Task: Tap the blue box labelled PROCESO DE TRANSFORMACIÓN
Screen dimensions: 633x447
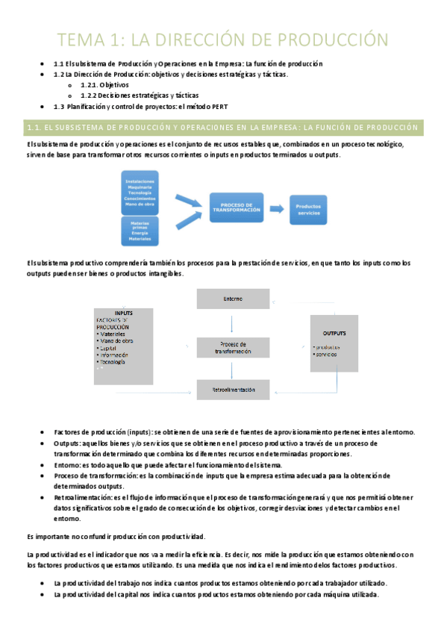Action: tap(236, 208)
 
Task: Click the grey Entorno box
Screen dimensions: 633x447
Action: tap(232, 299)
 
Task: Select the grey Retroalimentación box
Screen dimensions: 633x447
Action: tap(232, 390)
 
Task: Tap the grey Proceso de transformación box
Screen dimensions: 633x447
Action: tap(232, 347)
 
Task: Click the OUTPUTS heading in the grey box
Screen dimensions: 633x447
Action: tap(334, 331)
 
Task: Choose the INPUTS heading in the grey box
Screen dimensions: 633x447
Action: tap(124, 312)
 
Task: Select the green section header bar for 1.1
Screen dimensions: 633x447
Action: tap(223, 128)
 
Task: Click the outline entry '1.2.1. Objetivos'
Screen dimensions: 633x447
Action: tap(104, 85)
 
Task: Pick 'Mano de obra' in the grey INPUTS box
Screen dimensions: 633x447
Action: tap(117, 341)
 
